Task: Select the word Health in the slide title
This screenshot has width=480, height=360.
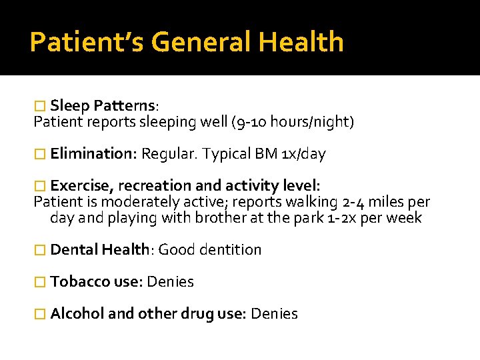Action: tap(302, 42)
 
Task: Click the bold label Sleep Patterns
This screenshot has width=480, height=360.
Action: tap(103, 105)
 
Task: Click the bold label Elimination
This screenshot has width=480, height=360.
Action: tap(93, 154)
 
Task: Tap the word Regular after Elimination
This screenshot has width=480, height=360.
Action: tap(169, 154)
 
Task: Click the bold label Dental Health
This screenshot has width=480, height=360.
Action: tap(99, 250)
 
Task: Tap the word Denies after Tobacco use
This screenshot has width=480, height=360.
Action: tap(170, 282)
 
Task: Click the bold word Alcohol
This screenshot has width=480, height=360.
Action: tap(77, 314)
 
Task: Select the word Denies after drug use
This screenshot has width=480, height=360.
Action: tap(275, 314)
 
